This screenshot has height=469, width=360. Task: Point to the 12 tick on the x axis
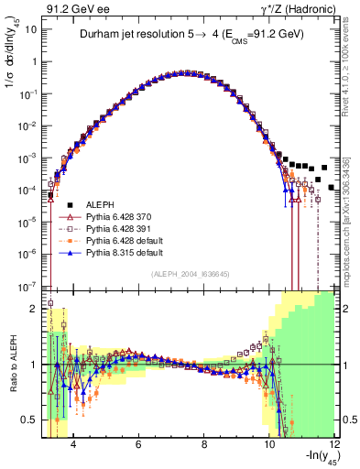[x=334, y=444]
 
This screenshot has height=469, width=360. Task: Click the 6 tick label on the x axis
[x=137, y=444]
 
